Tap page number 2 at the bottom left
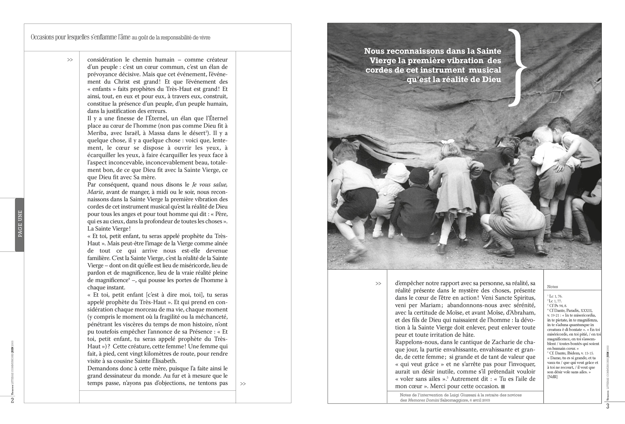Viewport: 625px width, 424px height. coord(12,401)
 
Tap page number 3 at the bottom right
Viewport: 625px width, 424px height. coord(608,406)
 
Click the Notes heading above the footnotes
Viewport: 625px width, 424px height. coord(552,287)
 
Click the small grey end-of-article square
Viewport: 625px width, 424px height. coord(503,387)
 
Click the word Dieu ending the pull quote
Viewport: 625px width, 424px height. coord(492,79)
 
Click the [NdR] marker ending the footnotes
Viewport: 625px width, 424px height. coord(552,377)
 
